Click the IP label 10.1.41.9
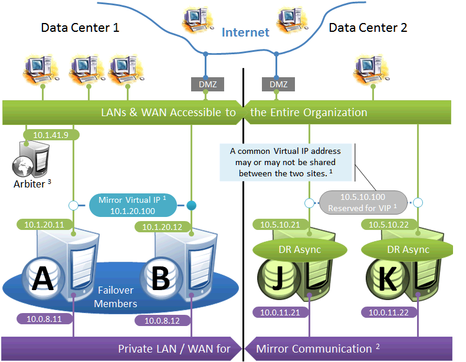pyautogui.click(x=51, y=135)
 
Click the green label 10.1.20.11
pyautogui.click(x=44, y=224)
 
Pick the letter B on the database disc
pyautogui.click(x=160, y=278)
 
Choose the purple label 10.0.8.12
pyautogui.click(x=158, y=321)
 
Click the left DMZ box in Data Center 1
pyautogui.click(x=205, y=84)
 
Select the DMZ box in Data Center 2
pyautogui.click(x=278, y=84)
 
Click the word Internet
pyautogui.click(x=245, y=32)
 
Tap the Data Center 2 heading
pyautogui.click(x=367, y=28)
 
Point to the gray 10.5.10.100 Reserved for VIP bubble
pyautogui.click(x=363, y=202)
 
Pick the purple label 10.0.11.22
pyautogui.click(x=392, y=312)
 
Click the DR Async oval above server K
pyautogui.click(x=404, y=249)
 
